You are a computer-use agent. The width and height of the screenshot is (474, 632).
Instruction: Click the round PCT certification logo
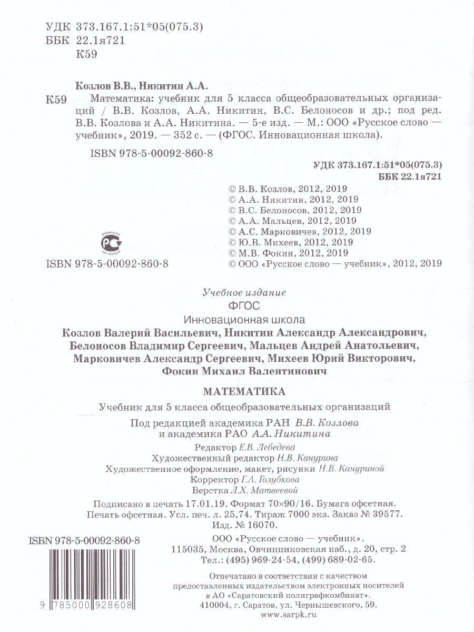(x=111, y=242)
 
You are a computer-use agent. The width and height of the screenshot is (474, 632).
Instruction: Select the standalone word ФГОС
(x=243, y=305)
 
